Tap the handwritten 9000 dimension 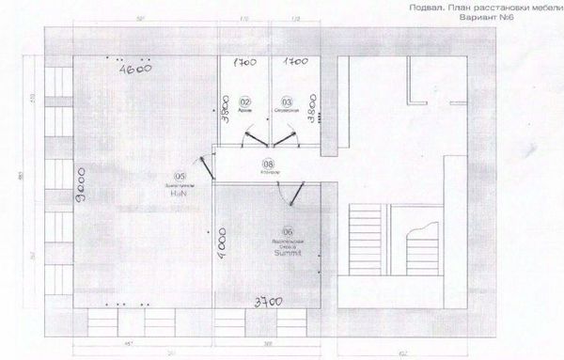(82, 188)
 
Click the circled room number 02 (244, 101)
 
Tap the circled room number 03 (287, 101)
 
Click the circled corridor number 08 (268, 165)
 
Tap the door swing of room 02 (245, 137)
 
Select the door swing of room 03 (283, 137)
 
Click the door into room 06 (295, 193)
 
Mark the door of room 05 (209, 170)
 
